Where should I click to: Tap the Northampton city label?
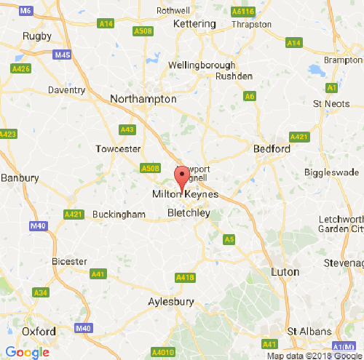(143, 98)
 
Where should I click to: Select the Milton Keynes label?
(184, 195)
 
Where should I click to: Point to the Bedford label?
(272, 149)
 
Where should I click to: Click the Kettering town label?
(195, 24)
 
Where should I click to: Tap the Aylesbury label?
(171, 301)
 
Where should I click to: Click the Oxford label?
(39, 332)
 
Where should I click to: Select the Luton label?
(284, 272)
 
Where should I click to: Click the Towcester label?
(118, 149)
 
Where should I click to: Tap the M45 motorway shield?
(62, 55)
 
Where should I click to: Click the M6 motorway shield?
(26, 11)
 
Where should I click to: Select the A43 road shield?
(127, 129)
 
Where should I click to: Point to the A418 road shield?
(186, 278)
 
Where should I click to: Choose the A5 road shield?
(229, 239)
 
